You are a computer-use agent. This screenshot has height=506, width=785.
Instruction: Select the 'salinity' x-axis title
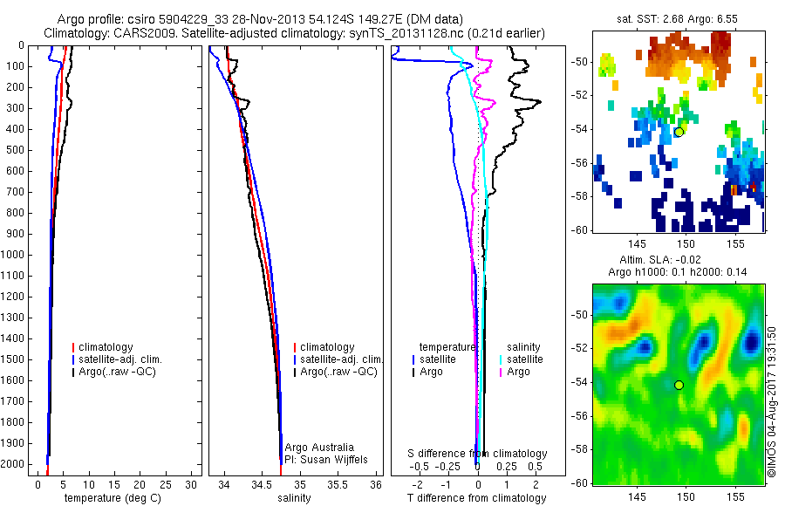click(x=294, y=498)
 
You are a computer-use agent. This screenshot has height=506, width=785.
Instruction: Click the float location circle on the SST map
click(x=679, y=132)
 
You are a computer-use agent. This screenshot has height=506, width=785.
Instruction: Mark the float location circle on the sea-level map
click(x=679, y=385)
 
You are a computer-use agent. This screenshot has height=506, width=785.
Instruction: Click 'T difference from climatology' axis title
click(x=476, y=498)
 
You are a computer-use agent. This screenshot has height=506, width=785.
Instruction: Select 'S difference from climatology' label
click(x=478, y=454)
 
